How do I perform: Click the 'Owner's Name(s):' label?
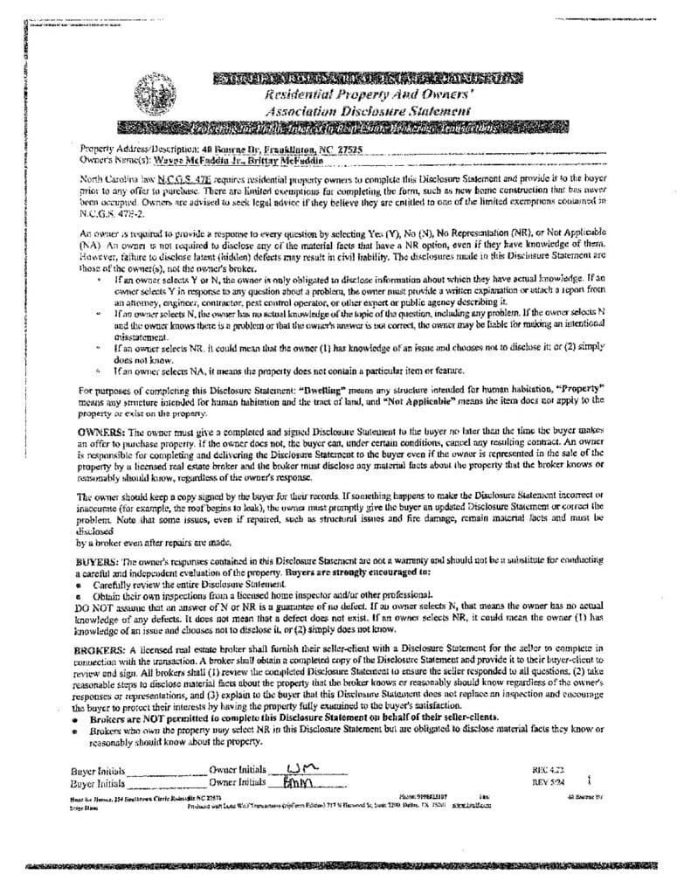point(108,161)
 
